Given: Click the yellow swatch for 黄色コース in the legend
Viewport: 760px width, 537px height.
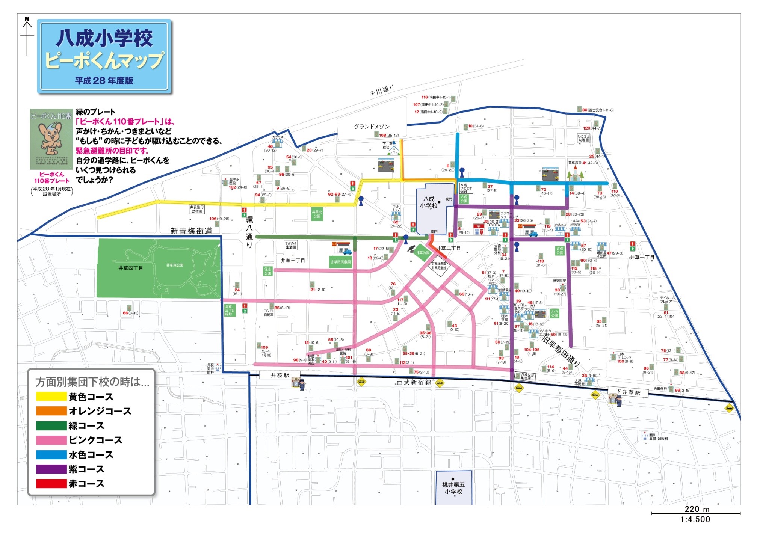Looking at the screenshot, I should [x=51, y=396].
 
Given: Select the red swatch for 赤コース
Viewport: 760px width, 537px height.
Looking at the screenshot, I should [x=51, y=483].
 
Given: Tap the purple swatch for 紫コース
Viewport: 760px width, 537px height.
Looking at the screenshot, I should [x=51, y=469].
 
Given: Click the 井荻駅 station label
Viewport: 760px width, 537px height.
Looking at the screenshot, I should [x=280, y=375].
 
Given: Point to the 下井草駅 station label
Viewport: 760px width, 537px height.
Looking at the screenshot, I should [x=628, y=392].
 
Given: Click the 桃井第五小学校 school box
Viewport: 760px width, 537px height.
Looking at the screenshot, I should [x=453, y=488].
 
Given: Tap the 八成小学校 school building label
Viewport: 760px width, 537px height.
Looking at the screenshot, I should [x=429, y=202].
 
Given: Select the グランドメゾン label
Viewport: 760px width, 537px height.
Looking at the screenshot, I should [x=372, y=127].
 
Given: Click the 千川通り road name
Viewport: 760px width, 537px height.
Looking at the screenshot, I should [x=382, y=91].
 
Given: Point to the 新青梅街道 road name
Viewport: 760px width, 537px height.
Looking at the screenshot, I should [x=191, y=231].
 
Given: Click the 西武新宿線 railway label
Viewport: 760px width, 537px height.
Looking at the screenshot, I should [x=414, y=382].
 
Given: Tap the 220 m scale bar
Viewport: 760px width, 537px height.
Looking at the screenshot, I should [x=696, y=513].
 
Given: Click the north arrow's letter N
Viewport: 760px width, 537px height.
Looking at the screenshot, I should [x=27, y=19].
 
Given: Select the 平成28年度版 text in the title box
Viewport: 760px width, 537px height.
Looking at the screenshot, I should [x=104, y=80].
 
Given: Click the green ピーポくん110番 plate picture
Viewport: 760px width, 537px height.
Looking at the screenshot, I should [x=51, y=139].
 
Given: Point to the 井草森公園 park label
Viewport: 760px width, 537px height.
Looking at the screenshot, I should [x=175, y=265].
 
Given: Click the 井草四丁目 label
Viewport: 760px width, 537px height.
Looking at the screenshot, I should [x=130, y=268].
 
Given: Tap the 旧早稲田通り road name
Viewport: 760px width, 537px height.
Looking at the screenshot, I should [x=561, y=351].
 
